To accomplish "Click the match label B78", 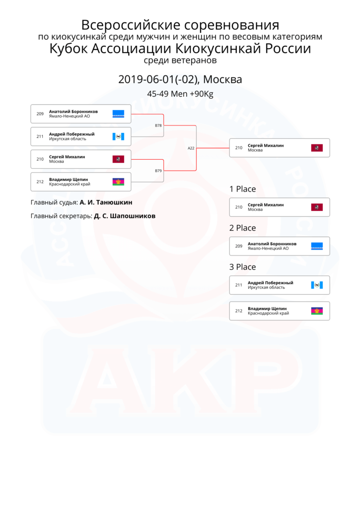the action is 158,126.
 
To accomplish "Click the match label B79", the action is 158,171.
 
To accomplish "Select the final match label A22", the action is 191,148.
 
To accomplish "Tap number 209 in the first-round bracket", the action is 40,114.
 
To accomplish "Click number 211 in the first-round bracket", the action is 40,136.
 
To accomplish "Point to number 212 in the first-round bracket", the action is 40,182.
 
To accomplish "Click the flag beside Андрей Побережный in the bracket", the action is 118,137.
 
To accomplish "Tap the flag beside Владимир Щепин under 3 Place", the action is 317,311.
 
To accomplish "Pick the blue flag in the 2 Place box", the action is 317,246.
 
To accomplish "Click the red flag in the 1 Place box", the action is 317,207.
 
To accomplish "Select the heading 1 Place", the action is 243,189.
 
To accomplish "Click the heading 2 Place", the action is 243,228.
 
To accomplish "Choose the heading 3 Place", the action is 243,266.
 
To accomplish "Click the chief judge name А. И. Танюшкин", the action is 106,202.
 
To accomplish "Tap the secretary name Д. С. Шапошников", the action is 125,216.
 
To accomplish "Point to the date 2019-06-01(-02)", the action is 158,79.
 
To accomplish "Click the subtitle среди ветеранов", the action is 180,60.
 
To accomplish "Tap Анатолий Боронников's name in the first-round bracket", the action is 73,112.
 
